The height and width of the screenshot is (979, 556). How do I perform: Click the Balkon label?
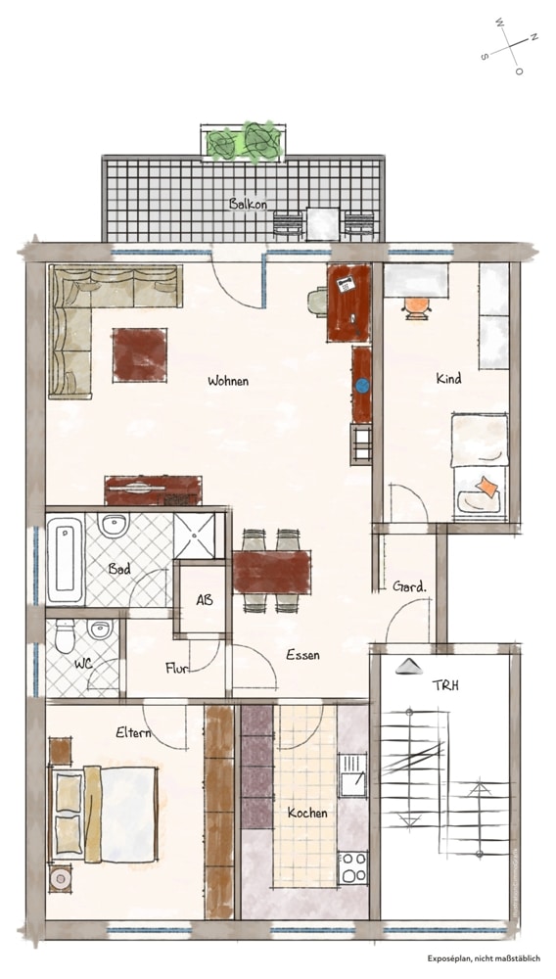[x=248, y=204]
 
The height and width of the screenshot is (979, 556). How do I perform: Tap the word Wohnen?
[x=228, y=381]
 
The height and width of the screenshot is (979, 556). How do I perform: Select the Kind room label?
[x=448, y=378]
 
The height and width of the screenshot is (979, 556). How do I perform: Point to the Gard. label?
[x=410, y=586]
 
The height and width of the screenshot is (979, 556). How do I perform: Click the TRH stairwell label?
[x=445, y=685]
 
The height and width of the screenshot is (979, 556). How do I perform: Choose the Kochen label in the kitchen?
[x=307, y=813]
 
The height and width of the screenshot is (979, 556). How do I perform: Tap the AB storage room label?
[x=204, y=600]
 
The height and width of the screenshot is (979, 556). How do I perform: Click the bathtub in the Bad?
[x=65, y=559]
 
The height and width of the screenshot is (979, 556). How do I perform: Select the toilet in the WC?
[x=65, y=635]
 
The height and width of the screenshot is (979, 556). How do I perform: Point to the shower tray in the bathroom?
[x=199, y=536]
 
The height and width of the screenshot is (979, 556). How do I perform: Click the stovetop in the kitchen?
[x=353, y=867]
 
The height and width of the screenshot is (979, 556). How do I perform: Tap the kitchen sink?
[x=352, y=774]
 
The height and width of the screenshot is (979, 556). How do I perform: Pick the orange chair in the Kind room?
[x=417, y=306]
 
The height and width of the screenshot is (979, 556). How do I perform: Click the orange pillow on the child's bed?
[x=486, y=487]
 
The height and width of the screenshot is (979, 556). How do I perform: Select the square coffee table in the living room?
[x=140, y=354]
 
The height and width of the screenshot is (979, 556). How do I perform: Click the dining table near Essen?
[x=272, y=572]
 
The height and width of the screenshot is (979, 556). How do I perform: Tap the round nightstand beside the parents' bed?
[x=61, y=879]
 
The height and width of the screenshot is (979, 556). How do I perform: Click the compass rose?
[x=510, y=46]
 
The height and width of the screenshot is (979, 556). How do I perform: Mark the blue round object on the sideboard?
[x=362, y=386]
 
